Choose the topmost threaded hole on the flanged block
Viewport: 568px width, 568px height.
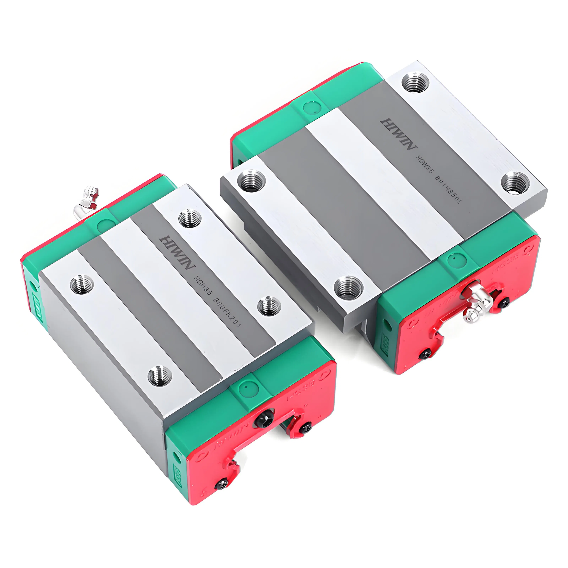point(415,82)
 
